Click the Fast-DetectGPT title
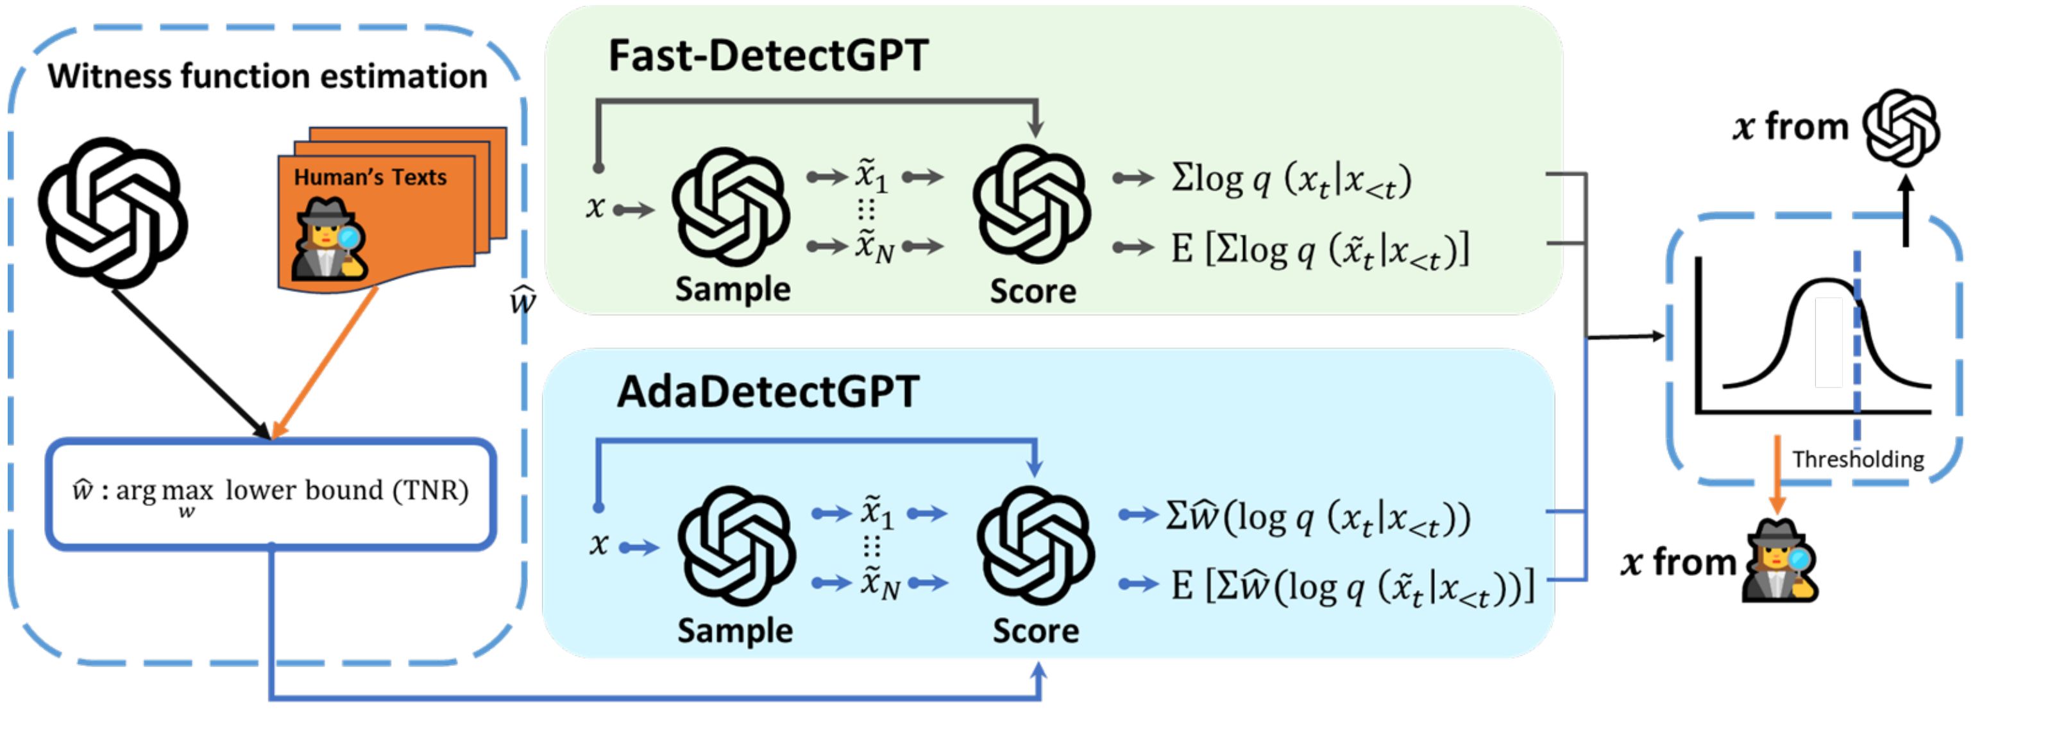768,56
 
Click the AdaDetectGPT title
768,391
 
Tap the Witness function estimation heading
267,76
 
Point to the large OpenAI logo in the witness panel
113,212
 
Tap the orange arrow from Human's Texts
325,362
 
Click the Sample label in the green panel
732,289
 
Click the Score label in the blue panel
1035,630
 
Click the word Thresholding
1858,459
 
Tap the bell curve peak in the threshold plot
1827,282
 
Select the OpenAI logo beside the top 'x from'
1901,128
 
